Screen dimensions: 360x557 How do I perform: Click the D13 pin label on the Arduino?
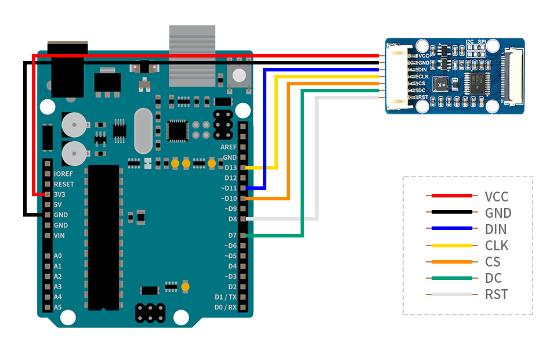230,168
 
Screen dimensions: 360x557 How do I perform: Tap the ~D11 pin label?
229,188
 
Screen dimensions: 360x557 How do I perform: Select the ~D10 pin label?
229,199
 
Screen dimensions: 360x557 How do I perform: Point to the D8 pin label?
232,219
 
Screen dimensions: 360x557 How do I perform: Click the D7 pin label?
232,235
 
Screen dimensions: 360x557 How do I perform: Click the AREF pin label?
228,147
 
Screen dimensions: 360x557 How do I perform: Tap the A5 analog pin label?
57,307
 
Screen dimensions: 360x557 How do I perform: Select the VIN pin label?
59,235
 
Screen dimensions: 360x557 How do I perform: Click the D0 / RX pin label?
226,307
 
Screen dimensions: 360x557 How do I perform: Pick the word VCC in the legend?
497,196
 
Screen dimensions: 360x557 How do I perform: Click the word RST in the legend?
496,294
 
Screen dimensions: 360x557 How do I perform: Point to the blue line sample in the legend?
449,229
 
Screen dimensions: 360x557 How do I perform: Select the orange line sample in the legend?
449,262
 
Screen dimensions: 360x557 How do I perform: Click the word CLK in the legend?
496,246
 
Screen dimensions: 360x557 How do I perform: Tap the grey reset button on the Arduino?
238,74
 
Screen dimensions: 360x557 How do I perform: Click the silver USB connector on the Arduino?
192,55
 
